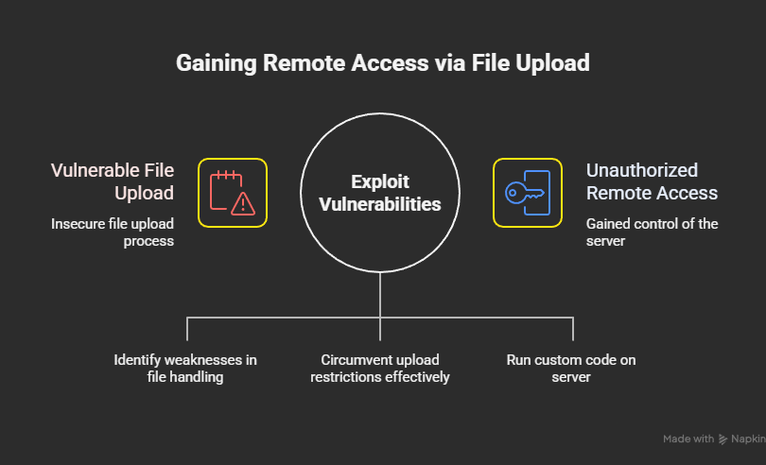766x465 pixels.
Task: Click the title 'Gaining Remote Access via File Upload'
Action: (383, 63)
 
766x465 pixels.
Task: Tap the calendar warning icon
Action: (233, 193)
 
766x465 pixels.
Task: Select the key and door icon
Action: (528, 193)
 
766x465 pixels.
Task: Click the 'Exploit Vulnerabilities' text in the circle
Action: (380, 192)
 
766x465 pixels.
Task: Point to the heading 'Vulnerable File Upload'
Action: (113, 181)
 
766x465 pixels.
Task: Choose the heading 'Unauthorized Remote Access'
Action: (652, 181)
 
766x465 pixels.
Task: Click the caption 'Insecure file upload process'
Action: (113, 232)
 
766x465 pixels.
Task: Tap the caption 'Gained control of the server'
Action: (652, 232)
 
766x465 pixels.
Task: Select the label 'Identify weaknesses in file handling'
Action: (185, 369)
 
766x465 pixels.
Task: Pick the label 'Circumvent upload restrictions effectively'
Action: (380, 369)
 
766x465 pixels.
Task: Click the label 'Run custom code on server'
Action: (573, 369)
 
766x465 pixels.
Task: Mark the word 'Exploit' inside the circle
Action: (380, 181)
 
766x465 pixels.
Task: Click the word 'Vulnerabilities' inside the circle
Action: (380, 203)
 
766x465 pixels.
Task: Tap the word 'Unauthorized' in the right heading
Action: (642, 170)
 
